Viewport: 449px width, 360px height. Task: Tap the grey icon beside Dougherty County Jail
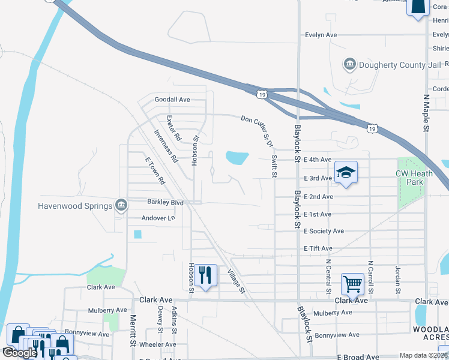click(x=349, y=64)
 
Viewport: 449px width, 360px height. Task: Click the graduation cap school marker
click(x=346, y=172)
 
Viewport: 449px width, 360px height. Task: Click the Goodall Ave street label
click(x=172, y=99)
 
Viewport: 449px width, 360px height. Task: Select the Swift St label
click(x=274, y=165)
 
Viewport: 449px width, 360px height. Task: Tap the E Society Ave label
click(x=324, y=231)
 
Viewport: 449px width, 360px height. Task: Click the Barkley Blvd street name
click(x=165, y=202)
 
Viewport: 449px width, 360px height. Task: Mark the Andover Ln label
click(x=158, y=218)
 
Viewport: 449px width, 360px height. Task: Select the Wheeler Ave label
click(x=157, y=344)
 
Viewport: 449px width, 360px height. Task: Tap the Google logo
click(x=20, y=353)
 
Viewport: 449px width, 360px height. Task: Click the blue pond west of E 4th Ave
click(x=237, y=158)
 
